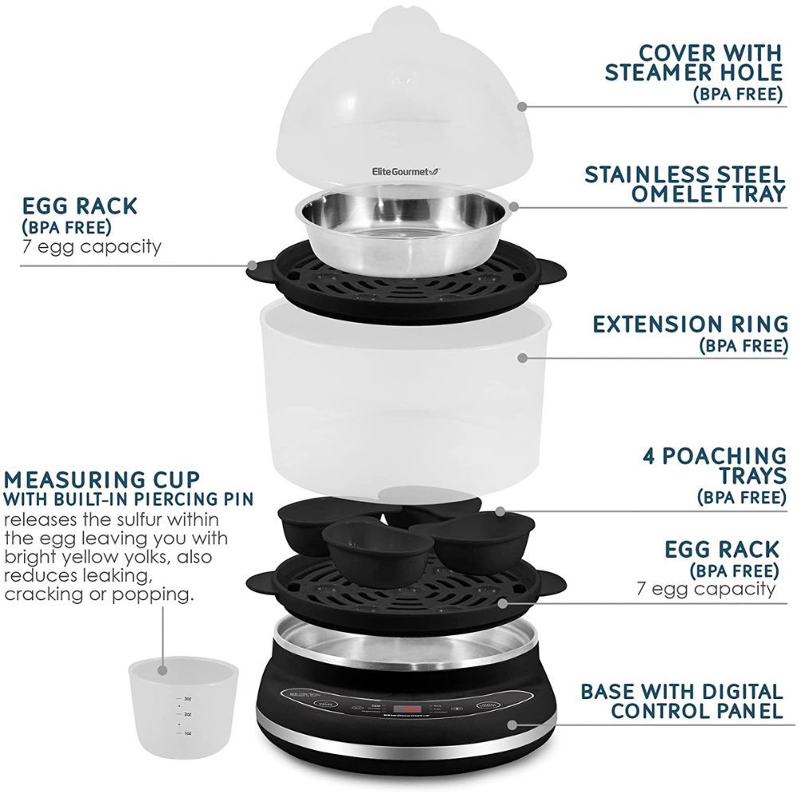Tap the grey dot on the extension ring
[x=522, y=359]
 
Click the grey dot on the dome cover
[x=520, y=104]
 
